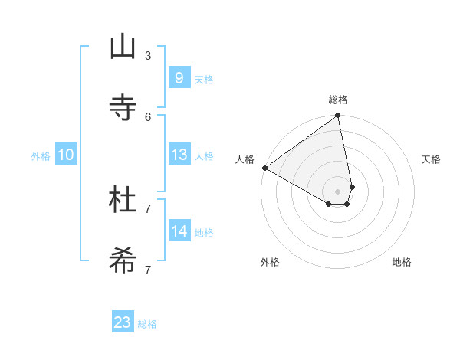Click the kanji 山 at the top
coord(123,47)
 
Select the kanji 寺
coord(123,108)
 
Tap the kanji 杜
coord(123,200)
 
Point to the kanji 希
coord(123,261)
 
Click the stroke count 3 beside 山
coord(148,55)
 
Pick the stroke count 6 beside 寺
coord(148,116)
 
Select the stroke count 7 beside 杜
coord(148,208)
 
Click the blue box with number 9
coord(179,77)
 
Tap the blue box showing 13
coord(179,155)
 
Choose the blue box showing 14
coord(179,231)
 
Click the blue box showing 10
coord(66,155)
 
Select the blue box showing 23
coord(123,322)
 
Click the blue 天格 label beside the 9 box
coord(204,80)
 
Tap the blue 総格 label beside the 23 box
coord(147,325)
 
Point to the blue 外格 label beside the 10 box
coord(41,156)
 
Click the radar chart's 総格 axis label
coord(338,100)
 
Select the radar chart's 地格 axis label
coord(402,262)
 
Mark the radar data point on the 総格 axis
coord(338,116)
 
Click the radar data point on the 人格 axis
coord(264,168)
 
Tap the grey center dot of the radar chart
coord(338,191)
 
